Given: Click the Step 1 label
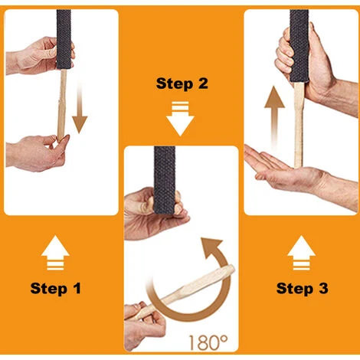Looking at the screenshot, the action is tap(55, 288).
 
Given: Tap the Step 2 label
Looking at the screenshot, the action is tap(182, 83).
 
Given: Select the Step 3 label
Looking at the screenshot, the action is tap(302, 288).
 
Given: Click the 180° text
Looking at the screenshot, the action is tap(208, 342).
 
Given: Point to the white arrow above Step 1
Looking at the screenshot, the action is tap(55, 253).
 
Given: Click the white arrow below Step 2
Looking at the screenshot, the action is tap(180, 119).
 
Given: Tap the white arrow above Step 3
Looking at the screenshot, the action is tap(301, 253).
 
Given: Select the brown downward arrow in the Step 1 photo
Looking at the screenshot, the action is tap(80, 109).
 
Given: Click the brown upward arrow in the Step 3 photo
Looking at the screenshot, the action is tap(274, 117).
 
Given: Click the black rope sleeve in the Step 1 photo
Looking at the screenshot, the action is tap(64, 40).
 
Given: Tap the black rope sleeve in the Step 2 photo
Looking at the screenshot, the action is tap(165, 180).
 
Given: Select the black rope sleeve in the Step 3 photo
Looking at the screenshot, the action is tap(299, 46).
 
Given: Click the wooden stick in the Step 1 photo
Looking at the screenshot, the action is tap(61, 105).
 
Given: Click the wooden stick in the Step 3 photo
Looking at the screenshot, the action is tap(298, 125).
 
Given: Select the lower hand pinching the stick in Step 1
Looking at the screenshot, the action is tap(36, 153).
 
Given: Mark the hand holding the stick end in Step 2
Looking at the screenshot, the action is tap(144, 327).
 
